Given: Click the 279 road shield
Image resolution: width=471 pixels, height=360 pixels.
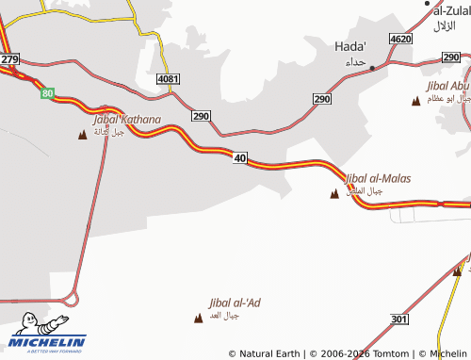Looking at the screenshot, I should coord(10,59).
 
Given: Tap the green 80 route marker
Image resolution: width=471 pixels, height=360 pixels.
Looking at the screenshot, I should coord(47,93).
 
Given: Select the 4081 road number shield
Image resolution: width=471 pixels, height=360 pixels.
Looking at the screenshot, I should coord(169,78).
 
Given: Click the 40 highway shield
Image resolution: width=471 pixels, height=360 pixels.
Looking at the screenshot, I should coord(240,158).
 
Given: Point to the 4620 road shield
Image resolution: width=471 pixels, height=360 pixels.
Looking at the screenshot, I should coord(400,39).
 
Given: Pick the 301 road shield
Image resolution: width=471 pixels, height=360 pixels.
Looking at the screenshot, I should coord(399,320).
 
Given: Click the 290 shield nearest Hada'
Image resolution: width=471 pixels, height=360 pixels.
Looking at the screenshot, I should coord(322,98).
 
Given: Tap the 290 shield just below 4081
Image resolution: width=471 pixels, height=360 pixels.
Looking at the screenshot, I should coord(201,116).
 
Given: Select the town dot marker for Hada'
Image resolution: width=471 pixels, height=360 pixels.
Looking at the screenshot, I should coord(372,68).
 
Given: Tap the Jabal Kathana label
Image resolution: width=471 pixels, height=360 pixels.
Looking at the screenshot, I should coord(127,120).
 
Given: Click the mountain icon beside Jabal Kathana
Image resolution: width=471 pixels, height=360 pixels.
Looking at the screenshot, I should coord(83,134).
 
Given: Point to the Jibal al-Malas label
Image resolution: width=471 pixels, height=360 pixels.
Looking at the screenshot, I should coord(378,177).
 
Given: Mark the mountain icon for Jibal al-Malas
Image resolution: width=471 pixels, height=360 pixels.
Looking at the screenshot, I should coord(333,194).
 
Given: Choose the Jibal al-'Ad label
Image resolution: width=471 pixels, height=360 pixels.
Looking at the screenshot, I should coord(235,303).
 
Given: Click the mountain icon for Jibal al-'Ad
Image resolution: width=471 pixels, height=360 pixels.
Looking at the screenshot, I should coord(198,318).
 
